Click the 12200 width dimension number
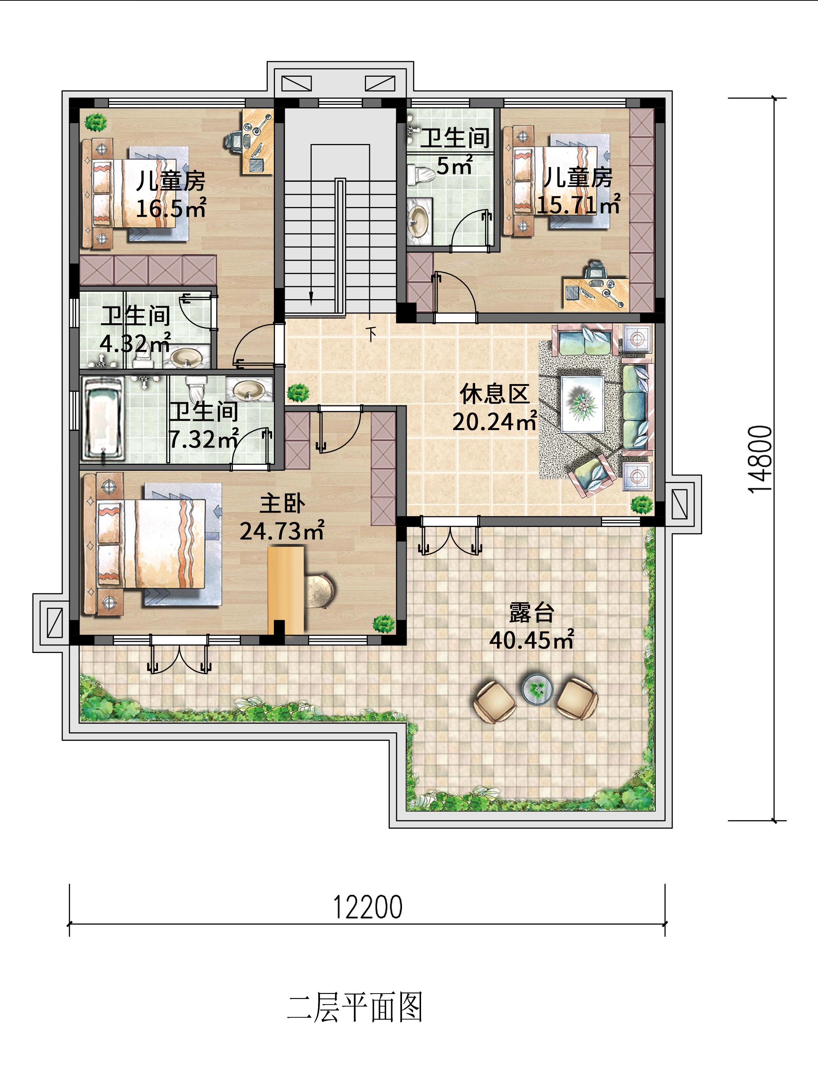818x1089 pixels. click(368, 907)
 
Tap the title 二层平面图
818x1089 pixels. click(355, 1007)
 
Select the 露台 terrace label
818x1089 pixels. click(532, 612)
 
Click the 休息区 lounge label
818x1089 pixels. click(494, 394)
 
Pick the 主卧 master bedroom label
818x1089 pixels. click(283, 503)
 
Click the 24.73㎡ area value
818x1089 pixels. click(282, 531)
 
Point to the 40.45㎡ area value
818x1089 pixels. click(532, 639)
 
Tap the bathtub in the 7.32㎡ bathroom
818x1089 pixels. click(103, 419)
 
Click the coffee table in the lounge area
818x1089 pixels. click(583, 404)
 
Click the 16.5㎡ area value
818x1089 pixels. click(171, 209)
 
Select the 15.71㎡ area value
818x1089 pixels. click(578, 205)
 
